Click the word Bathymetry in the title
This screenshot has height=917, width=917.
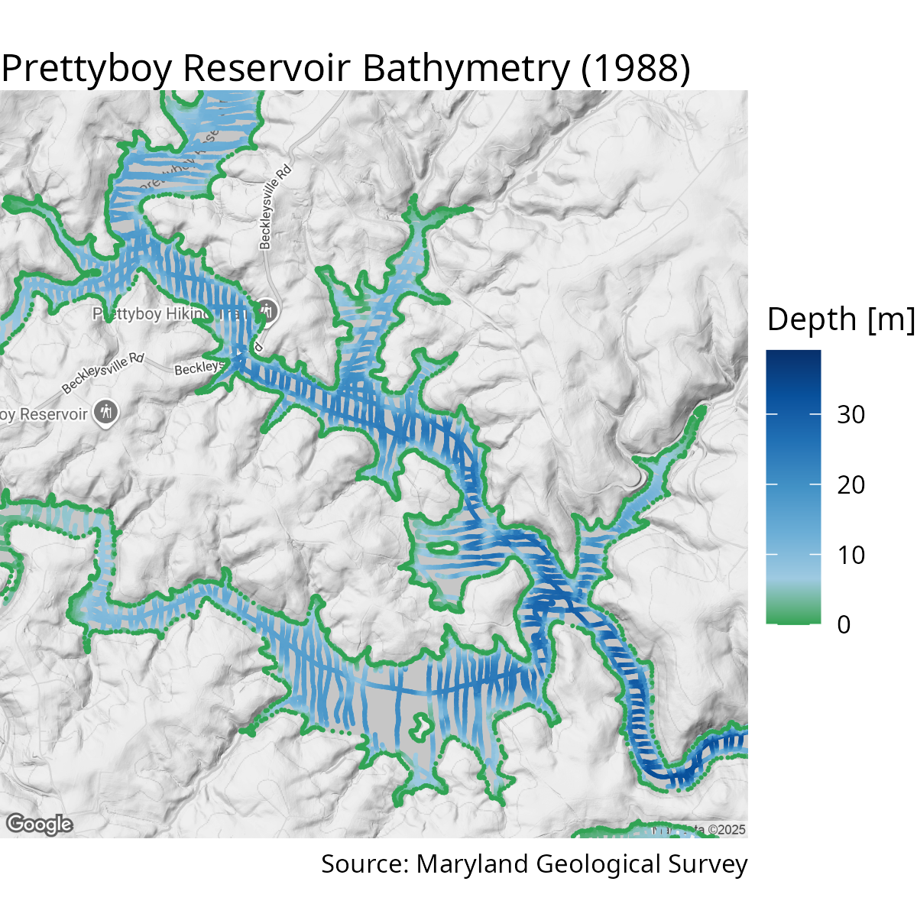[x=466, y=69]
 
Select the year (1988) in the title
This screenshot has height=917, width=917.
[x=635, y=69]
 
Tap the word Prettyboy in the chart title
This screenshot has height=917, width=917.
[x=87, y=69]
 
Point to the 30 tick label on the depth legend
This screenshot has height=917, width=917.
[x=851, y=415]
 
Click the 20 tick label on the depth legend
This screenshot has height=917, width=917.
[x=851, y=485]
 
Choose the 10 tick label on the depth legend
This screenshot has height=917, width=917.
[x=851, y=556]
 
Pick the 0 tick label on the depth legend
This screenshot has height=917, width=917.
[x=844, y=625]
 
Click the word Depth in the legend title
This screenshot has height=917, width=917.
[x=812, y=319]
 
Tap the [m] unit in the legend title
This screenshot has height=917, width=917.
[x=891, y=319]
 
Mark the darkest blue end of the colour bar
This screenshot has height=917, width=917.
[x=793, y=356]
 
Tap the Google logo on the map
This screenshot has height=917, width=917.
[x=40, y=825]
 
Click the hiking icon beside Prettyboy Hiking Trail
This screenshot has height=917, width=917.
[x=267, y=311]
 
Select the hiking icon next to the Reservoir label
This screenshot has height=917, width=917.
[x=105, y=412]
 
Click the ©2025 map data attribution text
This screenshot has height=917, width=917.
[x=726, y=830]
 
